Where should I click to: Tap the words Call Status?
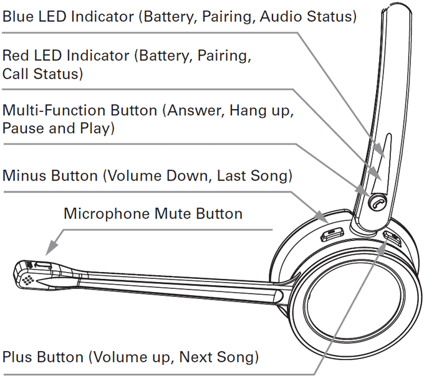pos(42,73)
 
